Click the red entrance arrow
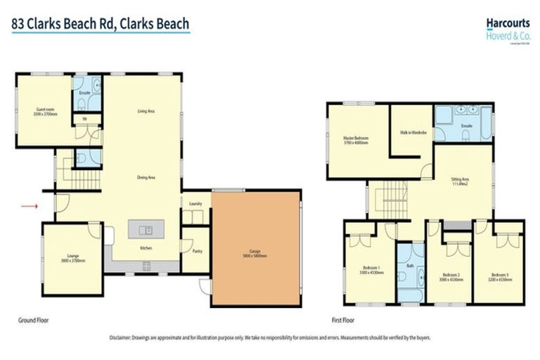29,206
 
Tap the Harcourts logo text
507,22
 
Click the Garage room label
256,253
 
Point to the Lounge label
72,257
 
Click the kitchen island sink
146,229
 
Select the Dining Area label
146,177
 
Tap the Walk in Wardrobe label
411,133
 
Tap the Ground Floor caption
33,320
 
